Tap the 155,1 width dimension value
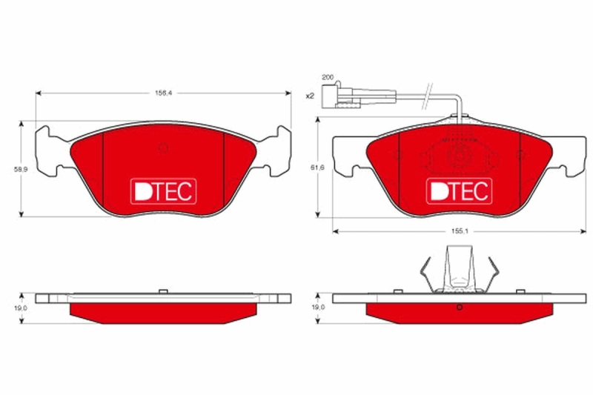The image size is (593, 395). point(460,231)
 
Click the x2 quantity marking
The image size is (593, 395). point(310,96)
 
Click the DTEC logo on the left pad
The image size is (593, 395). point(163,191)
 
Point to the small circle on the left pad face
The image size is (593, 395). point(163,147)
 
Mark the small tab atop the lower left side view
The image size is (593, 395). point(163,291)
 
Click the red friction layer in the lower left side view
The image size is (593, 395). point(163,311)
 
